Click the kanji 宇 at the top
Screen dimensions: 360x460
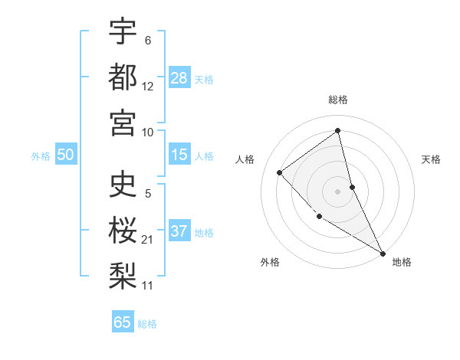123,31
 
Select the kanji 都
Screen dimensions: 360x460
123,77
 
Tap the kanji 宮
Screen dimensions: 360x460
123,123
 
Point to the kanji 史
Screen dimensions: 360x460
123,186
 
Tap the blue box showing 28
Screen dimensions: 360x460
179,77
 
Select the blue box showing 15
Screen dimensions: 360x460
179,155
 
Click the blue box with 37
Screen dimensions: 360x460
179,231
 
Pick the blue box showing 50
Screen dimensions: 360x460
65,155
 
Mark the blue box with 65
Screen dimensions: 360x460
123,322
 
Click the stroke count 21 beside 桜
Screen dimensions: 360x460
147,240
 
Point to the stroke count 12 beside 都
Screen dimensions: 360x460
147,86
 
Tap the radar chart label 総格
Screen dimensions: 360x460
338,100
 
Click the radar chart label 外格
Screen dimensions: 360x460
270,262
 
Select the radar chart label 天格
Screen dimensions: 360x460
432,159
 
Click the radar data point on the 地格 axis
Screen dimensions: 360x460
383,253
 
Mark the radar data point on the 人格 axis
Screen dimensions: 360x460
280,172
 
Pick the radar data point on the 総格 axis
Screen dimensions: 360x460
338,131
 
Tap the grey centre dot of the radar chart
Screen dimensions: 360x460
338,191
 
